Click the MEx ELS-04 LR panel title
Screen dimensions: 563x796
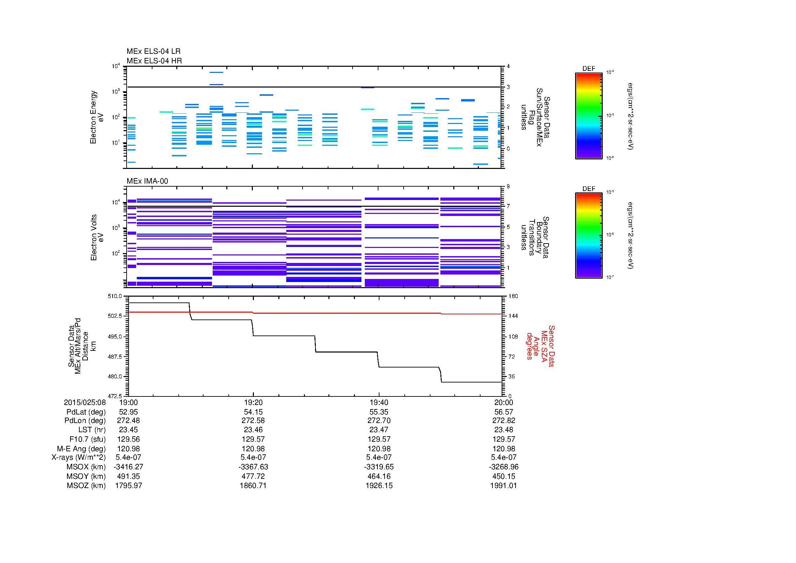click(x=153, y=51)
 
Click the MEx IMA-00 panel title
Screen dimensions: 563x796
click(x=147, y=181)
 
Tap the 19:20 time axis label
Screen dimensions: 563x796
click(x=254, y=402)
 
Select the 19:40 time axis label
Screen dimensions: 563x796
click(x=379, y=402)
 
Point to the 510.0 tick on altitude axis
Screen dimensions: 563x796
click(x=115, y=296)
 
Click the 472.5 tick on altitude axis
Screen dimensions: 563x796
click(x=115, y=396)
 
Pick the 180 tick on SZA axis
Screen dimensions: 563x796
click(x=513, y=296)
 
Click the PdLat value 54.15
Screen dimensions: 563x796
click(x=254, y=412)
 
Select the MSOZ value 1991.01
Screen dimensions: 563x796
click(x=503, y=486)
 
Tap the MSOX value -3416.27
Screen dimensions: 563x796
click(x=129, y=467)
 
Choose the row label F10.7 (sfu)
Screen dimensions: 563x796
click(x=87, y=439)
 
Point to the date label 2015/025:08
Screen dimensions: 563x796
click(x=85, y=402)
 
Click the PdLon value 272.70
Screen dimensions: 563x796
click(x=379, y=420)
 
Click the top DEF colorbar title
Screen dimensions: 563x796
click(x=588, y=69)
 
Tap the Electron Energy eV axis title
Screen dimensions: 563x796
click(x=97, y=117)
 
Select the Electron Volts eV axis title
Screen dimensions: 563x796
click(x=97, y=237)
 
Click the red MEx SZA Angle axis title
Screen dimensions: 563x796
click(x=540, y=346)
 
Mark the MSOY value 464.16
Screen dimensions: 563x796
click(x=379, y=476)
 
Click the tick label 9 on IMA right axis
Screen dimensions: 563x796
click(x=508, y=187)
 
